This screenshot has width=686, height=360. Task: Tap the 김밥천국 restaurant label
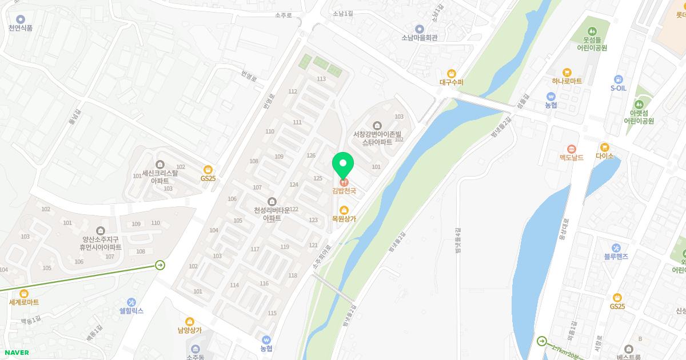click(344, 191)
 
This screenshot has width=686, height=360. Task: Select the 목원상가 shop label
click(344, 218)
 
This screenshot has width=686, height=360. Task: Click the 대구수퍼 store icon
click(452, 73)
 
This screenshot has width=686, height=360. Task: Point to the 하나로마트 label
click(567, 81)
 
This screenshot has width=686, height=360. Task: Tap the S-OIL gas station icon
click(618, 79)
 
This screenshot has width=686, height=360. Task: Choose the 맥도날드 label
click(571, 157)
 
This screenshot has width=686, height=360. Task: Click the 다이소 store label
click(604, 155)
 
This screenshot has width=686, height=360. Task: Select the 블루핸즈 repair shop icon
click(616, 247)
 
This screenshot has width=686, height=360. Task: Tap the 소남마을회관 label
click(419, 38)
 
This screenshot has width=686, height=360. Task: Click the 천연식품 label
click(21, 28)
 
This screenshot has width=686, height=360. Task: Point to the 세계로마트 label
click(24, 302)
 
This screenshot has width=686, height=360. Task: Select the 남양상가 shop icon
click(190, 321)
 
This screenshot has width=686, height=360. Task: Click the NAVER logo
click(15, 353)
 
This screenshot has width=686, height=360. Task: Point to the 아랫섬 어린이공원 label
click(639, 117)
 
